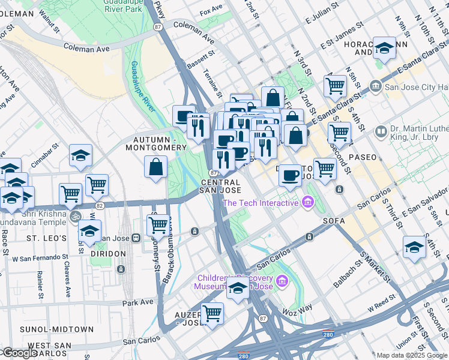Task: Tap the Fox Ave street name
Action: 211,11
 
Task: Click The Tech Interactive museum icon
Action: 309,203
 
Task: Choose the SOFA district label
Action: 334,221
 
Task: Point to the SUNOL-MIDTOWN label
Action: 47,329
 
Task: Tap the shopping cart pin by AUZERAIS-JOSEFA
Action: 212,313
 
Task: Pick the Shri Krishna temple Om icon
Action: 74,216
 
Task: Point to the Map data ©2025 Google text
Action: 411,355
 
